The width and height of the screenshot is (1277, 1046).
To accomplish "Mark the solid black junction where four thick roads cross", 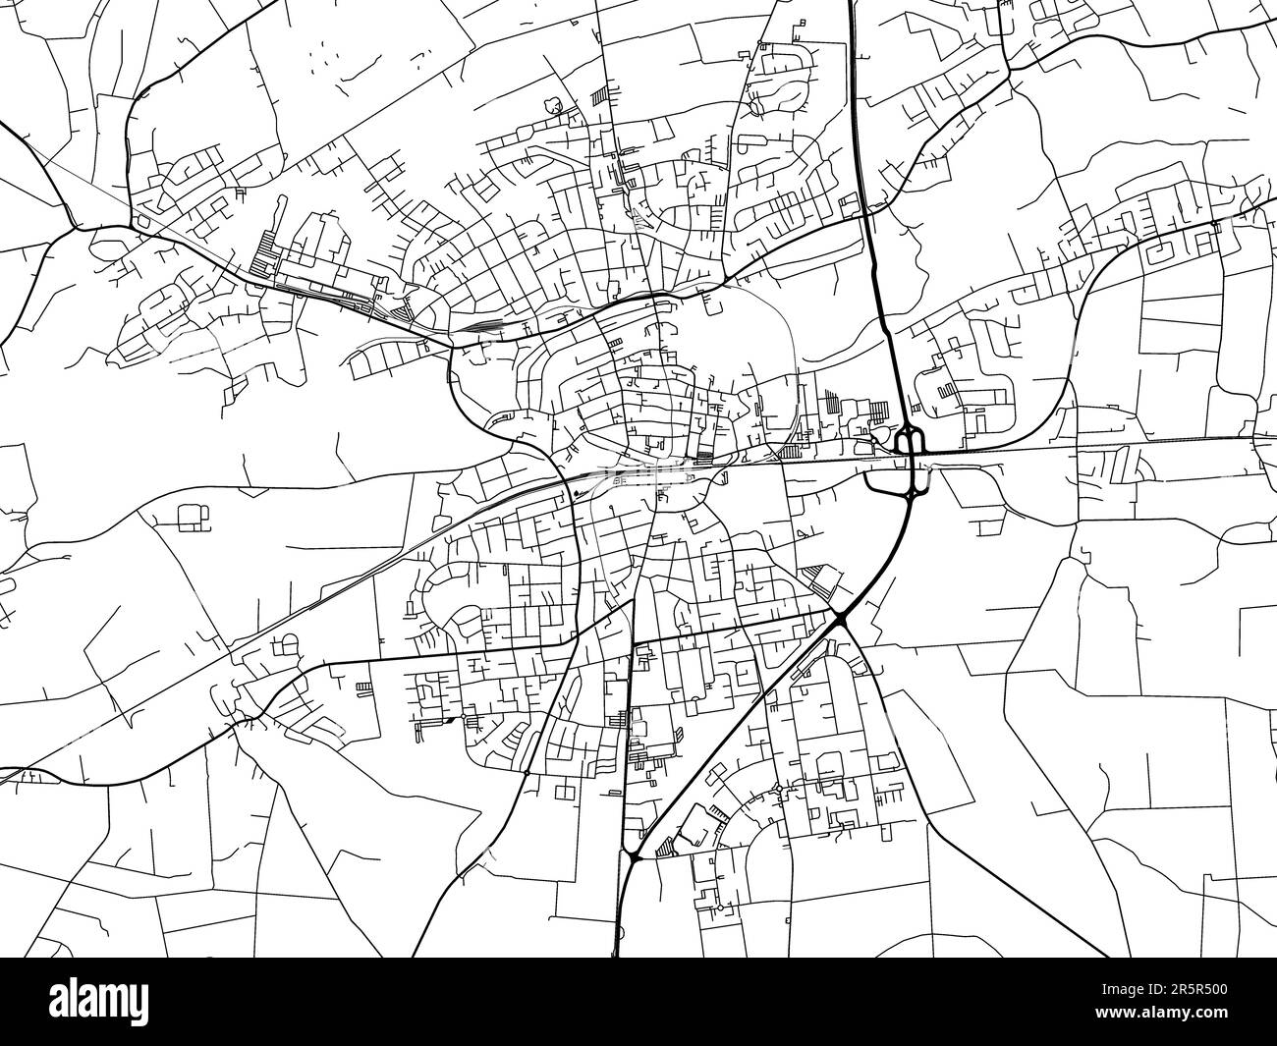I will (x=841, y=617).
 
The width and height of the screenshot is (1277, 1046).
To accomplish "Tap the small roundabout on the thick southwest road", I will (x=527, y=774).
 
